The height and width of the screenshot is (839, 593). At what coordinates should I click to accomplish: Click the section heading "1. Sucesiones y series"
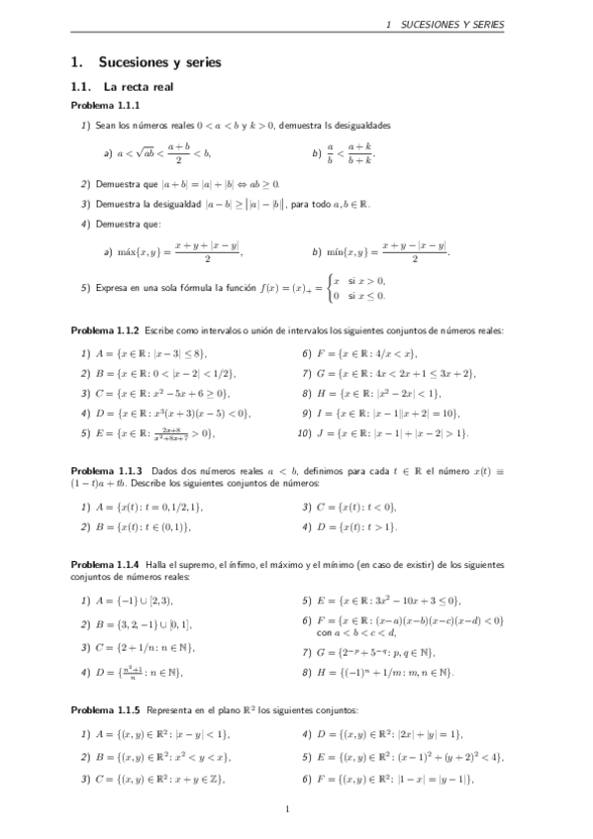pyautogui.click(x=146, y=62)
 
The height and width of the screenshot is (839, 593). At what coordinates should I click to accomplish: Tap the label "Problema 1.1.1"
pyautogui.click(x=105, y=105)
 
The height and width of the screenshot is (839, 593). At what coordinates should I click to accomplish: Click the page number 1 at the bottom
pyautogui.click(x=286, y=810)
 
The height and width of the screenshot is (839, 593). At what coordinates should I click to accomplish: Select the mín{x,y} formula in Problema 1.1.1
pyautogui.click(x=387, y=252)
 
